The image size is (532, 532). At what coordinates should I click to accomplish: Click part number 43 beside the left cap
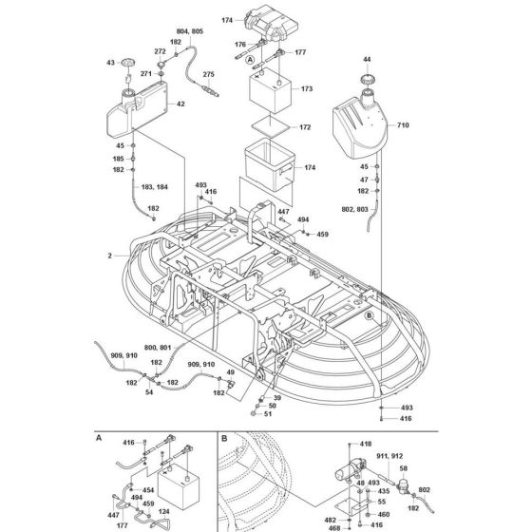(x=111, y=64)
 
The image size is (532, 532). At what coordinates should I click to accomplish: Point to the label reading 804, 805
(x=191, y=31)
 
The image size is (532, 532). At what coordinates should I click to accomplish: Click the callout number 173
(x=306, y=88)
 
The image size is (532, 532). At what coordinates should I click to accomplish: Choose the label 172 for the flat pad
(x=306, y=126)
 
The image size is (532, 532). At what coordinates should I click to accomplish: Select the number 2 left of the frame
(x=111, y=256)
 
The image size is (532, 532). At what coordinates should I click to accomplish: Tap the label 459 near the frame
(x=322, y=234)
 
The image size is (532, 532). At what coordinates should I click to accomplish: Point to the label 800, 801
(x=160, y=349)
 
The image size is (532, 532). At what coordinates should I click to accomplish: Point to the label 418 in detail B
(x=367, y=444)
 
